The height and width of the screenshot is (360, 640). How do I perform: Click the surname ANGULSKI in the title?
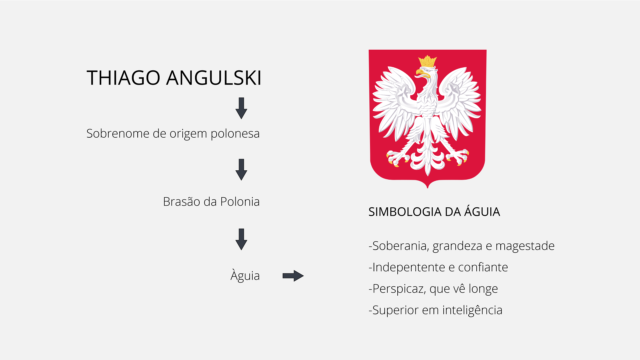pos(214,78)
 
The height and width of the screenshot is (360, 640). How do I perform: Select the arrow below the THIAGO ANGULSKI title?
pos(241,108)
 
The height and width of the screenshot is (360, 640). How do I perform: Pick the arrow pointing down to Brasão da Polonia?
pos(241,170)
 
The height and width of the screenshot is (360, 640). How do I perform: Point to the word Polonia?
pos(240,202)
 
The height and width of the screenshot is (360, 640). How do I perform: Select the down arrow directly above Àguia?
pos(241,239)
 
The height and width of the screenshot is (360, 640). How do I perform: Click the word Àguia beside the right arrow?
pos(245,276)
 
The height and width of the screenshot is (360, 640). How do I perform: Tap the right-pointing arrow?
pos(293,276)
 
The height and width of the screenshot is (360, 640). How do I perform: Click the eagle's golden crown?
pos(427,61)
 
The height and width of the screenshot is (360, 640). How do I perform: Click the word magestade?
pos(525,246)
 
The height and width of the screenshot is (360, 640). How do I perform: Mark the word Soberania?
pos(401,246)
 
